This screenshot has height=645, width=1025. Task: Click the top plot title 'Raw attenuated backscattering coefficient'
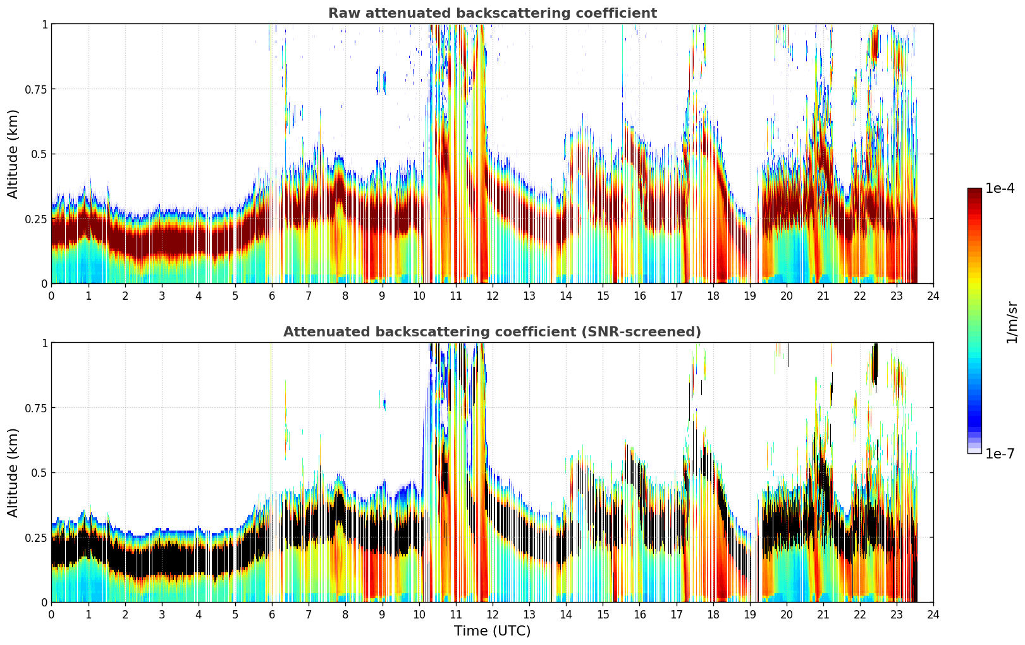point(492,13)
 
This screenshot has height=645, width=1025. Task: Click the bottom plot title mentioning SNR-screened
point(492,332)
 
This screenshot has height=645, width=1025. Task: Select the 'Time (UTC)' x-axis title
point(492,631)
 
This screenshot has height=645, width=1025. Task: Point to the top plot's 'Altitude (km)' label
point(13,154)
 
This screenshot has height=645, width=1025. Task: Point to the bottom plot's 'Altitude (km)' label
point(13,472)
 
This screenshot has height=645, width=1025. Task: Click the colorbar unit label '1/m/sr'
point(1012,322)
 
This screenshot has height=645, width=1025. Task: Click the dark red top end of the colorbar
point(974,191)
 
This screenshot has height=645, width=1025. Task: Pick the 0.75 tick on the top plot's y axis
point(35,89)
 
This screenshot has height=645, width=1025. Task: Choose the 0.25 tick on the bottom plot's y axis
point(35,537)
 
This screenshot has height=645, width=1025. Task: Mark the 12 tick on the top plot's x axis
point(492,296)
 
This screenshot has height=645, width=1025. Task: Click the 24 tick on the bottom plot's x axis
point(933,615)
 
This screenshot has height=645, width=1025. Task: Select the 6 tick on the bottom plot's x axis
point(272,615)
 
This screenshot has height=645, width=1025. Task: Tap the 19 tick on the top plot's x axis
point(749,296)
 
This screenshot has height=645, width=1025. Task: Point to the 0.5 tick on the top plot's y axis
point(39,154)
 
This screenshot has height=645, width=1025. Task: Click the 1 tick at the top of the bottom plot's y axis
point(44,343)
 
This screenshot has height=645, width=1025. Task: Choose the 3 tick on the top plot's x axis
point(162,296)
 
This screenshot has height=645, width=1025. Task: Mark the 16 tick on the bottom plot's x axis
point(639,615)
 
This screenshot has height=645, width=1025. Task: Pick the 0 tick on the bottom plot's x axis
point(52,615)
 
